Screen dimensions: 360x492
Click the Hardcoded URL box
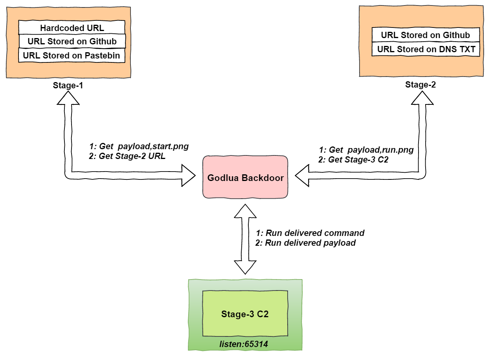coord(72,28)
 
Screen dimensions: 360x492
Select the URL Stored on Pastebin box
coord(72,55)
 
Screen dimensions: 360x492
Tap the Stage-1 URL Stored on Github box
coord(72,41)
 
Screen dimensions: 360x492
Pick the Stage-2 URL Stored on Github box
coord(425,35)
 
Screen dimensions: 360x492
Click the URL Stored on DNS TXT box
coord(426,49)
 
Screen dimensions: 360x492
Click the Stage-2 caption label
coord(420,84)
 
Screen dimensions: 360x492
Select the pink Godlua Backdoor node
coord(246,177)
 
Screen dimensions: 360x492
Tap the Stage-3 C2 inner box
coord(245,314)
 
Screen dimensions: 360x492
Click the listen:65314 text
coord(245,344)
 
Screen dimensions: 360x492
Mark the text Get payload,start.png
coord(139,146)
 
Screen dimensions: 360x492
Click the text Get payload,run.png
coord(367,150)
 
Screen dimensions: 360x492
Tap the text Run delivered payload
coord(305,243)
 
